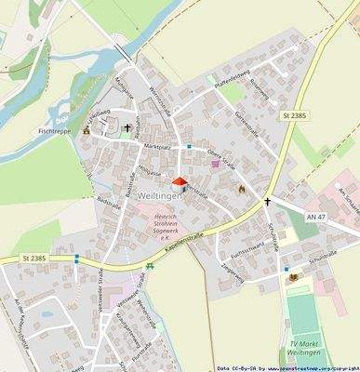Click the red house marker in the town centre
(179, 184)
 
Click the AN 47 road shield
(315, 216)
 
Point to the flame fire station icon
(240, 189)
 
